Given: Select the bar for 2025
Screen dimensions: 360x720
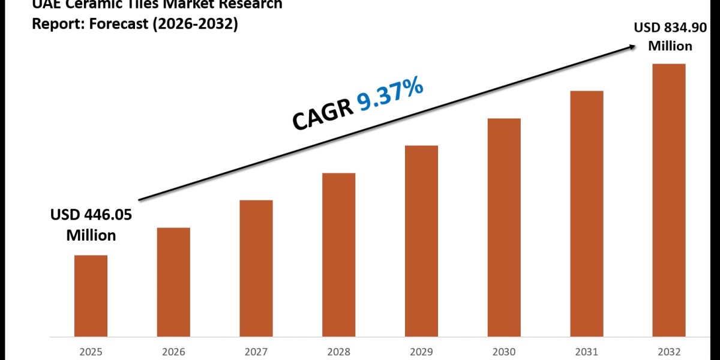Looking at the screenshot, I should pyautogui.click(x=91, y=295).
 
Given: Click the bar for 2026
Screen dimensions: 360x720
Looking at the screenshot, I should pyautogui.click(x=173, y=281).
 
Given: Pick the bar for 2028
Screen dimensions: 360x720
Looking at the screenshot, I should pyautogui.click(x=338, y=254).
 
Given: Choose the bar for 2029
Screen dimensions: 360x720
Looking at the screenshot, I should pyautogui.click(x=421, y=241).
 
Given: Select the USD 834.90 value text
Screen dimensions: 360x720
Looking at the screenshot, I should pyautogui.click(x=664, y=28).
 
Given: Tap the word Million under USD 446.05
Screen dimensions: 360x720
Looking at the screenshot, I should pyautogui.click(x=91, y=235).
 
